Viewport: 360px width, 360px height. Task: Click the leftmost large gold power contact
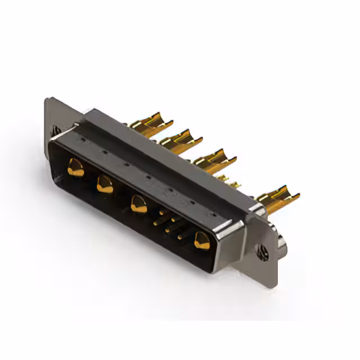pos(75,166)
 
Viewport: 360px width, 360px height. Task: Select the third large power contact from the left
pos(138,202)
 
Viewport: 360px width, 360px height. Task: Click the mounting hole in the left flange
pos(57,130)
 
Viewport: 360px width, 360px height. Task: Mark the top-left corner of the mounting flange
pos(48,100)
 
